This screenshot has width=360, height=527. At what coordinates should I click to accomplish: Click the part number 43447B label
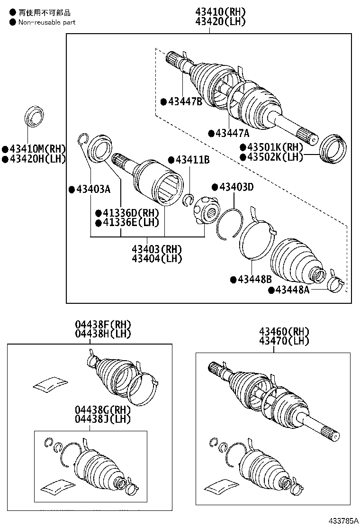point(185,101)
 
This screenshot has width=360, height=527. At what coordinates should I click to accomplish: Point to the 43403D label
point(236,187)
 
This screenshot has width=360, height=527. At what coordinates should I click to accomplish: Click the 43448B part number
point(254,279)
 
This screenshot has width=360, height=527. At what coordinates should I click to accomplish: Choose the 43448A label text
point(292,290)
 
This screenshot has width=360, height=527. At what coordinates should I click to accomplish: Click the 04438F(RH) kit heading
point(102,325)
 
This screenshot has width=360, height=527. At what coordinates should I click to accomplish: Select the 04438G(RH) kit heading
point(102,410)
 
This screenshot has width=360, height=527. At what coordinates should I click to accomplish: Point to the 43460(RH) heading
point(284,331)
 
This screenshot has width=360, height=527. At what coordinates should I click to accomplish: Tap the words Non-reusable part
point(46,22)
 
